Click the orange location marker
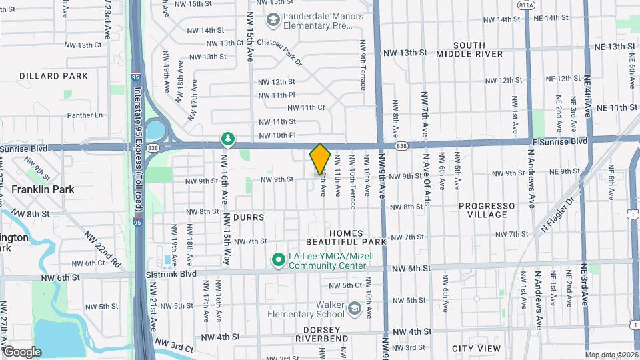coord(320,159)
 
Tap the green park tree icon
coord(228,139)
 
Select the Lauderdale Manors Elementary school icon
coord(272,21)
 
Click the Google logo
coord(21,351)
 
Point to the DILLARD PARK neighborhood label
coord(54,76)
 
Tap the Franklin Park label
coord(43,189)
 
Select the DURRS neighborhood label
coord(249,217)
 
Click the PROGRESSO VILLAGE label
coord(487,210)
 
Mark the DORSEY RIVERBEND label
coord(326,334)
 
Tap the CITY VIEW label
coord(476,349)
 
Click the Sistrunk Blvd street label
coord(171,274)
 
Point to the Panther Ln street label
coord(85,115)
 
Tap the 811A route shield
coord(526,4)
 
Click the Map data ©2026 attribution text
coord(611,355)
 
